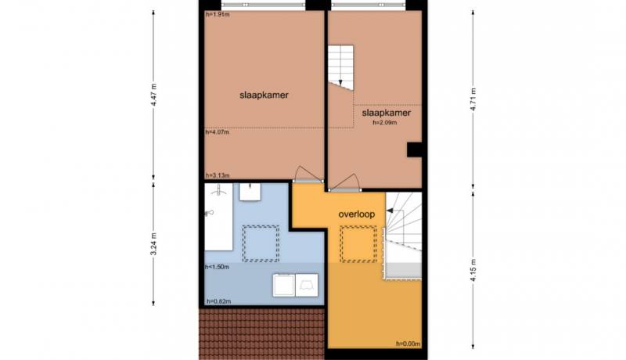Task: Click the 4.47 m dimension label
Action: click(153, 95)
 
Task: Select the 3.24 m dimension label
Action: click(153, 243)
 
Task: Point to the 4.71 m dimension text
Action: click(473, 99)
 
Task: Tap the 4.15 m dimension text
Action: click(473, 270)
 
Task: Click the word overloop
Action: click(357, 214)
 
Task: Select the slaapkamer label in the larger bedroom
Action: click(264, 95)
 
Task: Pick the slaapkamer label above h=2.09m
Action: click(386, 113)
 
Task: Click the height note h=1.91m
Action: click(218, 15)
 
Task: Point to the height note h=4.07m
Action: click(218, 131)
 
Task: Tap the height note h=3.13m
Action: click(218, 175)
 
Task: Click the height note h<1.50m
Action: click(217, 267)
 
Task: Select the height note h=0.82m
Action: click(219, 301)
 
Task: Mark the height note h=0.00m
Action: click(408, 344)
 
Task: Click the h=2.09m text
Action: click(385, 123)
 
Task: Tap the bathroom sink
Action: click(250, 192)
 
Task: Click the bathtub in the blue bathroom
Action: click(218, 217)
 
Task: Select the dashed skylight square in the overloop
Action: click(358, 244)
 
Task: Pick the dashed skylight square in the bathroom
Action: click(261, 243)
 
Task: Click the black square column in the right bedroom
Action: click(415, 149)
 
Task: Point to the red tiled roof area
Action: click(262, 334)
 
